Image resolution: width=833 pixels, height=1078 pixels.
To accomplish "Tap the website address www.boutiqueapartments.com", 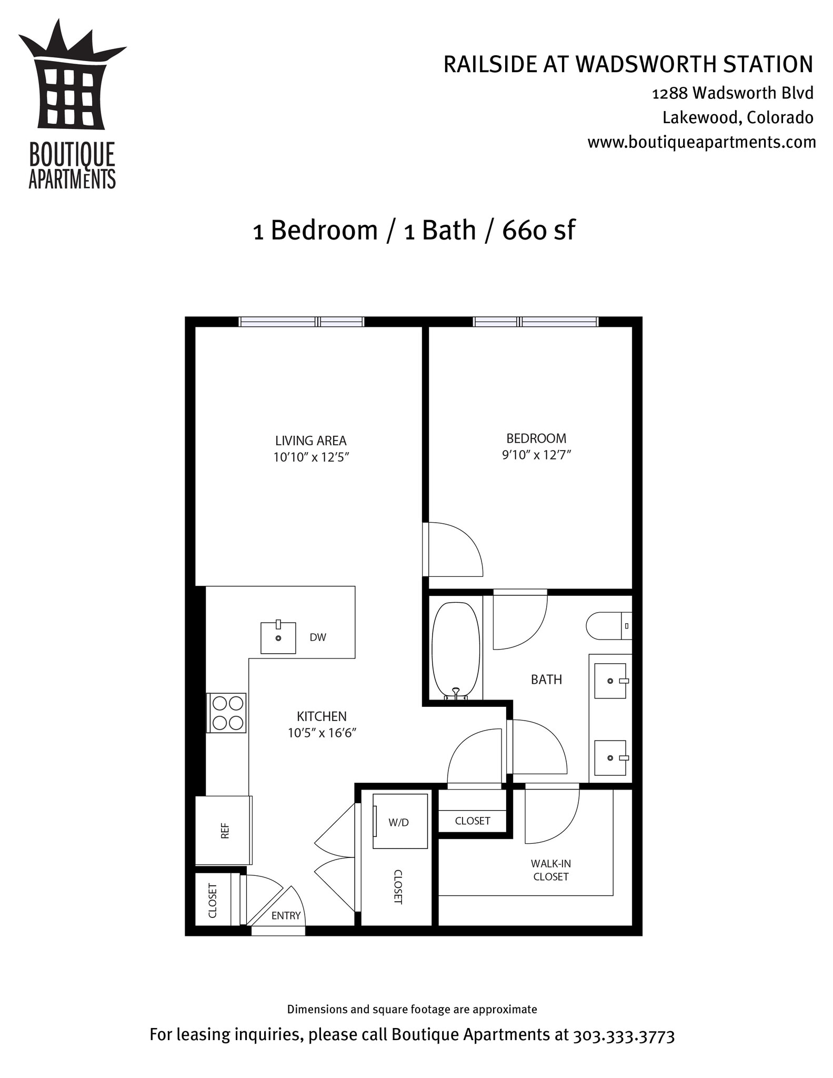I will [x=701, y=142].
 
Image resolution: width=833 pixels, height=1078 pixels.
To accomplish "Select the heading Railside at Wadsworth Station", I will [x=628, y=64].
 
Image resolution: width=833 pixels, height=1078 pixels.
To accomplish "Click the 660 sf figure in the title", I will [x=538, y=231].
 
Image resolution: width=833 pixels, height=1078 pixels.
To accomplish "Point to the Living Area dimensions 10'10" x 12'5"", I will [x=311, y=457].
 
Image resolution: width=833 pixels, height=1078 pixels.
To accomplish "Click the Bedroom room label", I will [x=536, y=438].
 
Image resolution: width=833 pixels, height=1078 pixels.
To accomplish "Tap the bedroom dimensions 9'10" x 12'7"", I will [x=536, y=455].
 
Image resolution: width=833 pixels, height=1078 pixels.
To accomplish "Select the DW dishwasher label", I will [x=318, y=637].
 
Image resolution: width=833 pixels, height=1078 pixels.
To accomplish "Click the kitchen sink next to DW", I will [x=278, y=637].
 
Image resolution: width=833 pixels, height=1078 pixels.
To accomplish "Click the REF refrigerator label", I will [x=225, y=831].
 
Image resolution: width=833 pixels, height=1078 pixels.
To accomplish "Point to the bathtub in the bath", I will [x=456, y=651].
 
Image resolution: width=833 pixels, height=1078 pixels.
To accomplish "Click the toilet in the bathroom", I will [x=608, y=626].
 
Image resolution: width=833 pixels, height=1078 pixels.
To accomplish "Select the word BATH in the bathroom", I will [x=546, y=680].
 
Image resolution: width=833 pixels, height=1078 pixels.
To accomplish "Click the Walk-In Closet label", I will [x=550, y=870].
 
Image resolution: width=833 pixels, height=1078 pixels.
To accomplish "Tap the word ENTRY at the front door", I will [x=286, y=915].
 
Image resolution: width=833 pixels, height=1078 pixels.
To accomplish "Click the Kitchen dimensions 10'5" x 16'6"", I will [x=322, y=733].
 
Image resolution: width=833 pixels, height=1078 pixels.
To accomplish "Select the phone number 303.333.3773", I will [x=624, y=1036].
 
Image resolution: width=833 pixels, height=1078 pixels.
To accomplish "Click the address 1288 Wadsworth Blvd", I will [x=732, y=93].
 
